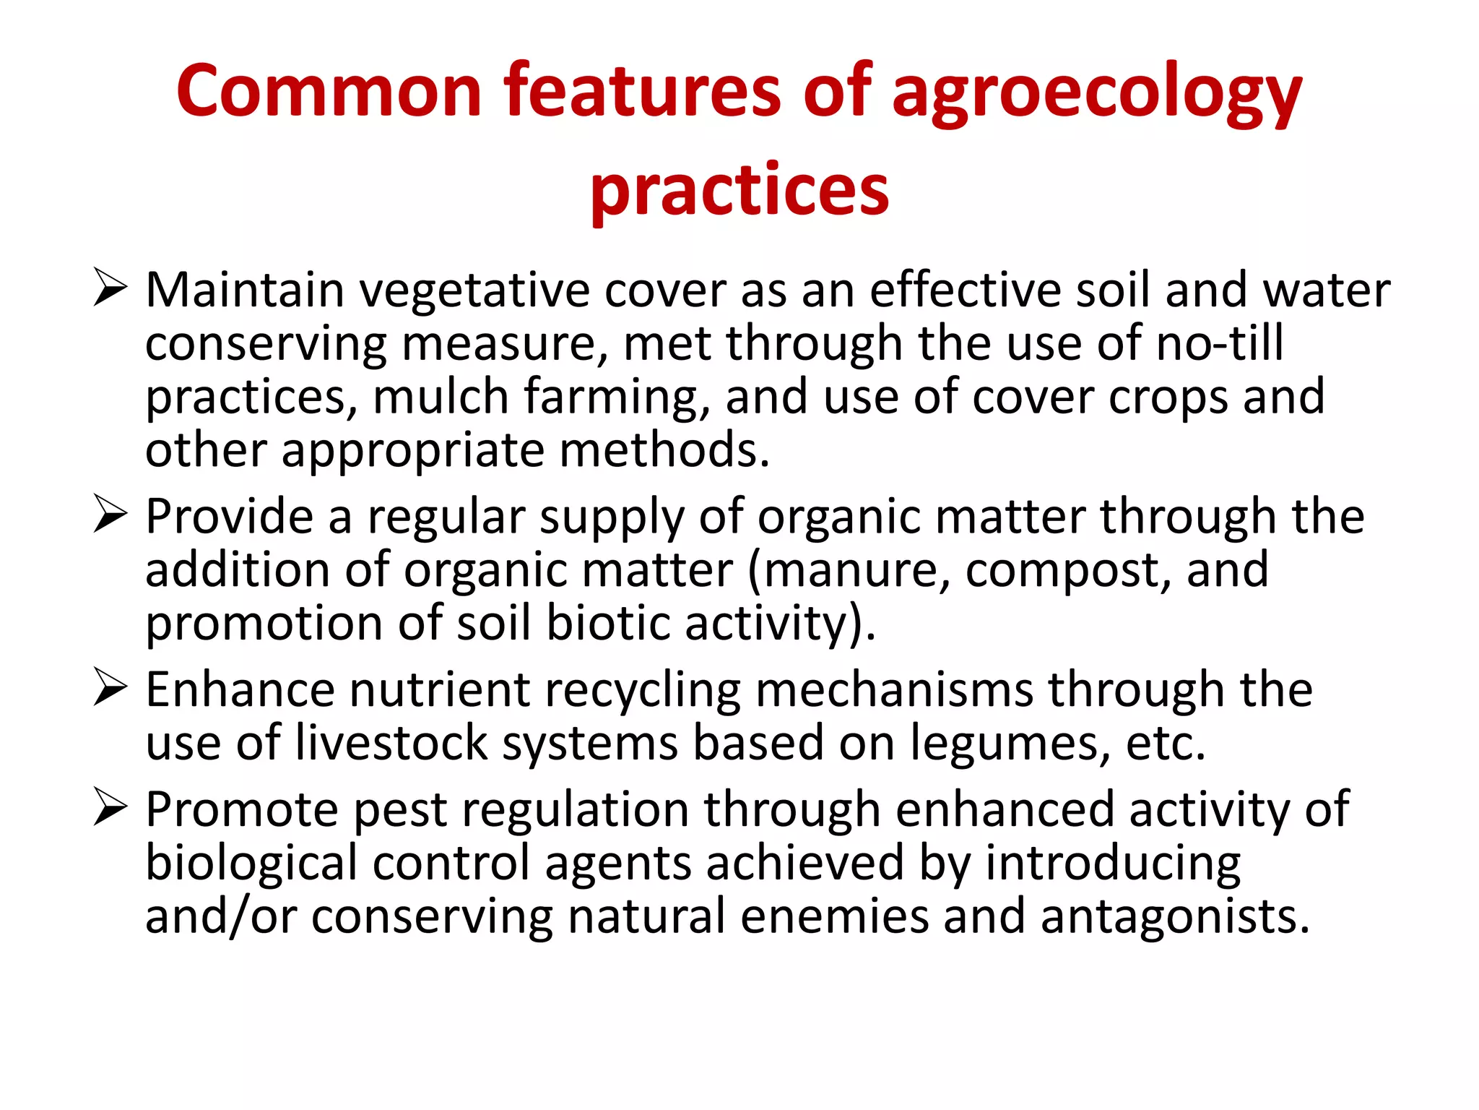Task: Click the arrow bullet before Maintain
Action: coord(110,289)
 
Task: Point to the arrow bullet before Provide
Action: coord(110,516)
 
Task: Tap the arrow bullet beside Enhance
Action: coord(110,689)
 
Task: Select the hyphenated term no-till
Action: coord(1220,343)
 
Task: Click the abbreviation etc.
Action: coord(1166,744)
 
